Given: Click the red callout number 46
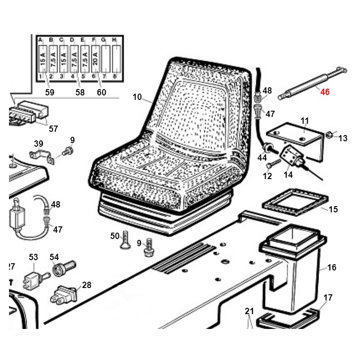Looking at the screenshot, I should (325, 92).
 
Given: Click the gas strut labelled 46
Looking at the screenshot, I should (306, 85).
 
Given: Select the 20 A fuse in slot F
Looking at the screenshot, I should (95, 60).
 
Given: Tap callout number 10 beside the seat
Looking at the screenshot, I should (137, 96).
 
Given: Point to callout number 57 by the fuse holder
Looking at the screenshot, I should (53, 129).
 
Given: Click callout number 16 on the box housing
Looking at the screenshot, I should (332, 268).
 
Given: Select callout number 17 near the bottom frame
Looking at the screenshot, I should (328, 297).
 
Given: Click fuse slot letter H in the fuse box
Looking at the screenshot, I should (114, 40).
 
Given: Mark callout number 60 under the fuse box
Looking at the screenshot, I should (102, 92).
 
